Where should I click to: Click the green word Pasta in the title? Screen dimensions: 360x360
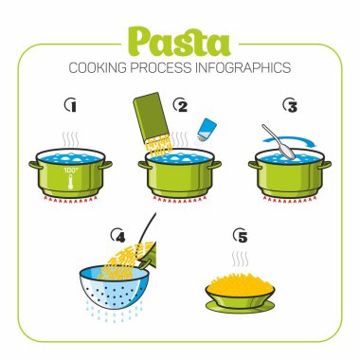(179, 42)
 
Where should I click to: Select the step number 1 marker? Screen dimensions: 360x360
(67, 105)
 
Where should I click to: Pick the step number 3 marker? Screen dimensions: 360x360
(291, 105)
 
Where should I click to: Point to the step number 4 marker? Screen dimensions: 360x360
(117, 234)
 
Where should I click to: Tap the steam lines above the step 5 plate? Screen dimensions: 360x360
(240, 259)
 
